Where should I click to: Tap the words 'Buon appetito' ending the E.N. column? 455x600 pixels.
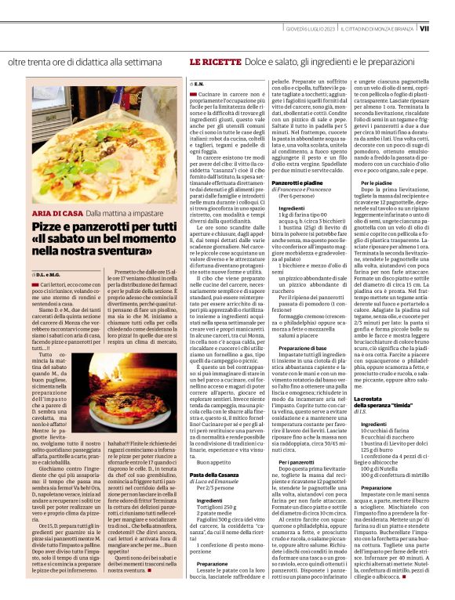[x=206, y=463]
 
